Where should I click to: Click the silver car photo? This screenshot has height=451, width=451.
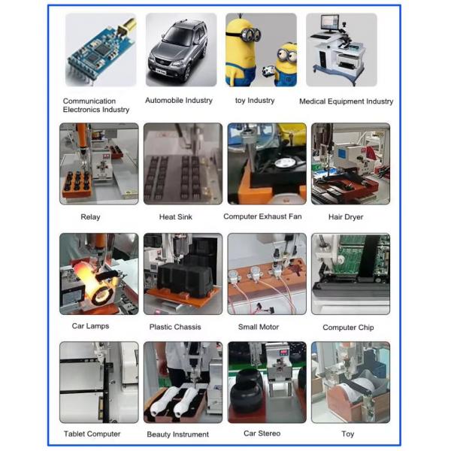(x=178, y=50)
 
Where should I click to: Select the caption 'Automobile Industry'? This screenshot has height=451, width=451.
(x=178, y=100)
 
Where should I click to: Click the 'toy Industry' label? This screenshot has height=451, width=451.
(x=255, y=100)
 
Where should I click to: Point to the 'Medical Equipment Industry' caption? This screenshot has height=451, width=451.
(x=346, y=101)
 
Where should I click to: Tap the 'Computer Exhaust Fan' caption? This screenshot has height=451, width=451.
(x=265, y=216)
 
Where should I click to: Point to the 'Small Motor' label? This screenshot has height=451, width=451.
(x=258, y=327)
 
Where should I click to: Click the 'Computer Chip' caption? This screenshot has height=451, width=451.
(x=348, y=328)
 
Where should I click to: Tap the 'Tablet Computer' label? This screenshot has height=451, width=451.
(x=92, y=434)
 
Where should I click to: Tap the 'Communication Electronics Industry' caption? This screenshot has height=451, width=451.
(x=95, y=105)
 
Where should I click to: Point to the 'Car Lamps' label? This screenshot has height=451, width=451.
(x=89, y=327)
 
